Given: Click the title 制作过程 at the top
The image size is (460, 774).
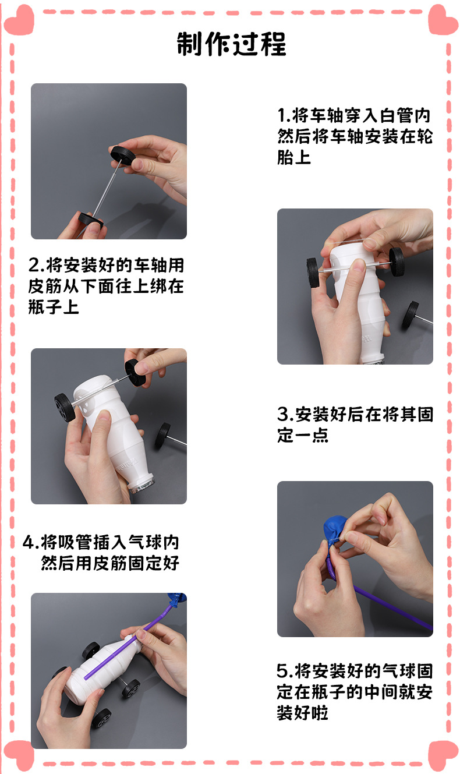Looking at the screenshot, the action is point(231,44).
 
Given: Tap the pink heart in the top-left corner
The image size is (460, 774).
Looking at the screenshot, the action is point(19,20).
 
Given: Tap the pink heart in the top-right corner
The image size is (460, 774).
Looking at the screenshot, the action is point(443,20).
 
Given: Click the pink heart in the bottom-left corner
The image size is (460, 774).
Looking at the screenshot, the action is point(19,755).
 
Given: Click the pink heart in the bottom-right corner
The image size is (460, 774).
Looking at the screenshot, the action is point(443,755).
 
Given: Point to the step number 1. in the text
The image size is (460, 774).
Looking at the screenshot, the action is point(284,115).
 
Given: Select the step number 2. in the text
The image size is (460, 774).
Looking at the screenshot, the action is point(36,266).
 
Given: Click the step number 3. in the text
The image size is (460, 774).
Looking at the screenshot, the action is point(285,414).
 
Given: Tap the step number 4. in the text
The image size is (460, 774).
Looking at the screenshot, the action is point(30,542).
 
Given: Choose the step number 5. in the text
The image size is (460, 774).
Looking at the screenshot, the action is point(285,671).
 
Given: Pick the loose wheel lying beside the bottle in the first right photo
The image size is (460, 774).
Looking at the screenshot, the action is point(411,314).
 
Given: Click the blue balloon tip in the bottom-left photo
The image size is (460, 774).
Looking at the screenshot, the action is point(177,599).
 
